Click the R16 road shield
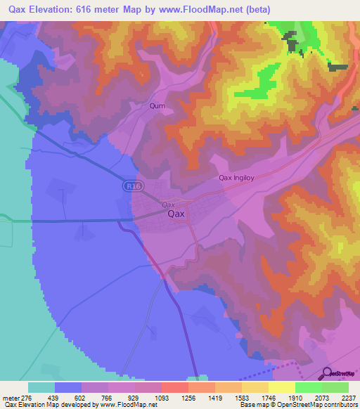click(x=131, y=186)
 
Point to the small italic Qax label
click(x=169, y=204)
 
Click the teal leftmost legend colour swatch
click(x=41, y=387)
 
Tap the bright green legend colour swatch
click(x=308, y=387)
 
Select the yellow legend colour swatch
click(x=281, y=387)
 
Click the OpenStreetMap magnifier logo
click(x=327, y=373)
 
